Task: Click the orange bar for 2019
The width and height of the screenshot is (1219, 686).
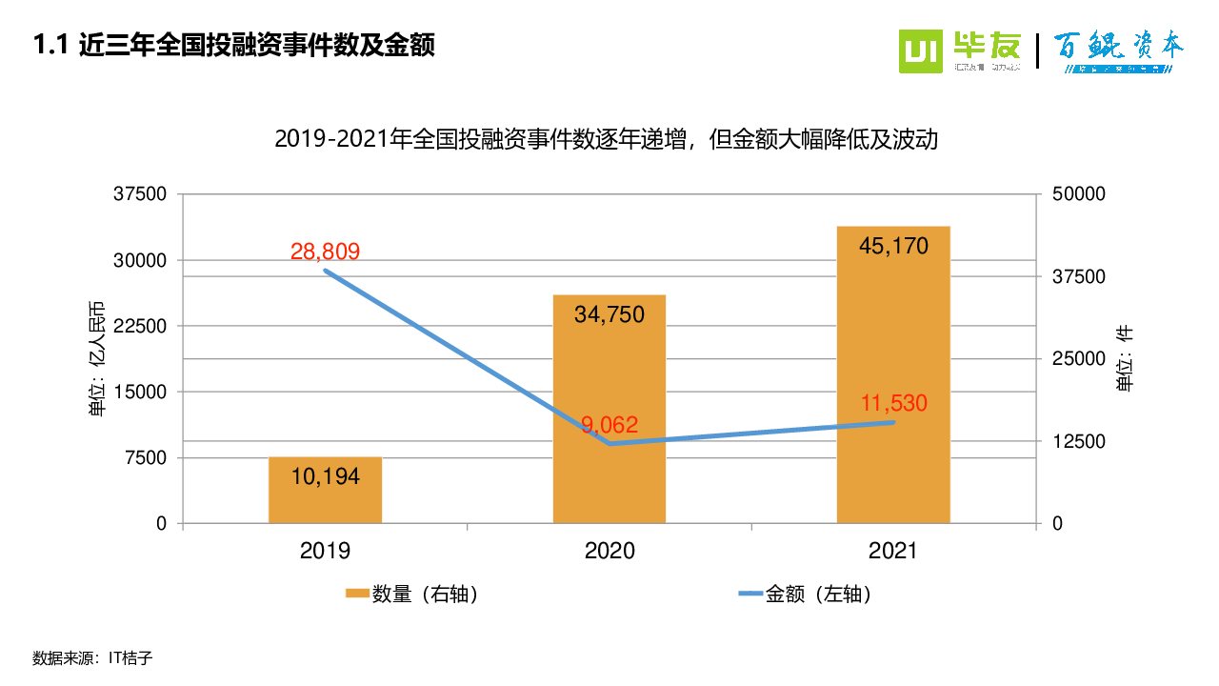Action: (x=325, y=491)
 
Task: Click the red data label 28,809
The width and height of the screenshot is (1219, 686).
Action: (x=325, y=252)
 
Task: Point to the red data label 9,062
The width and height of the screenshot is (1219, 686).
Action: (x=609, y=425)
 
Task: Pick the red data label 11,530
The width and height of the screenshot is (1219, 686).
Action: (x=893, y=403)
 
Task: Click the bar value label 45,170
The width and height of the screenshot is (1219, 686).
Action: (x=893, y=246)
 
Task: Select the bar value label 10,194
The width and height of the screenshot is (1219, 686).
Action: (x=325, y=476)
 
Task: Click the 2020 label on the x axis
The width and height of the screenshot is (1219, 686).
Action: (x=609, y=551)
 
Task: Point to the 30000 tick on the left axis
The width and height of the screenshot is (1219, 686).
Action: (x=141, y=260)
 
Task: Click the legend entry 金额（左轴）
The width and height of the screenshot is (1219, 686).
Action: (x=806, y=595)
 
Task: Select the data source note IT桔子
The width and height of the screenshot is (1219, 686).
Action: (x=92, y=657)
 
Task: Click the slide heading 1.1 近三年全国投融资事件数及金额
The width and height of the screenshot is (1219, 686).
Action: (x=233, y=45)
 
